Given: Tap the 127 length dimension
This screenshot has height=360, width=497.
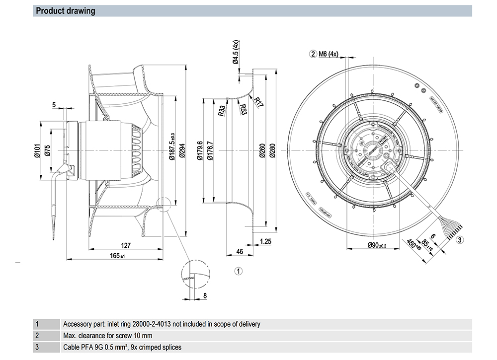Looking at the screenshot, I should coord(126,245).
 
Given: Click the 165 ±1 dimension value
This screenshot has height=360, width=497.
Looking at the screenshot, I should coord(117,256).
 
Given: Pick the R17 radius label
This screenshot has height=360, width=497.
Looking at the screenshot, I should coord(258,102).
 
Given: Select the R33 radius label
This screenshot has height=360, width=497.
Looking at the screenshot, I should coord(222,111).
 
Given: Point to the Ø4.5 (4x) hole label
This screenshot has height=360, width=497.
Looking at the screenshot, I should coord(236,53).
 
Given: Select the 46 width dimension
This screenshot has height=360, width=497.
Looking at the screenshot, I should coord(239,252).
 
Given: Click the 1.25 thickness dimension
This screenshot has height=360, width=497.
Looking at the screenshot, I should coord(265,242).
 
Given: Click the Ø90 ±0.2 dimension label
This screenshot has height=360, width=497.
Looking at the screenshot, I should coord(377,245).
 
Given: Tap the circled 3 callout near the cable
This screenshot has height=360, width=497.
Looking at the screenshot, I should coord(460,240).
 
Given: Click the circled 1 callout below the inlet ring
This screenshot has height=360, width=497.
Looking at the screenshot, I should coord(239,271).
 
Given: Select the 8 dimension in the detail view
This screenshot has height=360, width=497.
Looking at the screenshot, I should coord(205,296).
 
